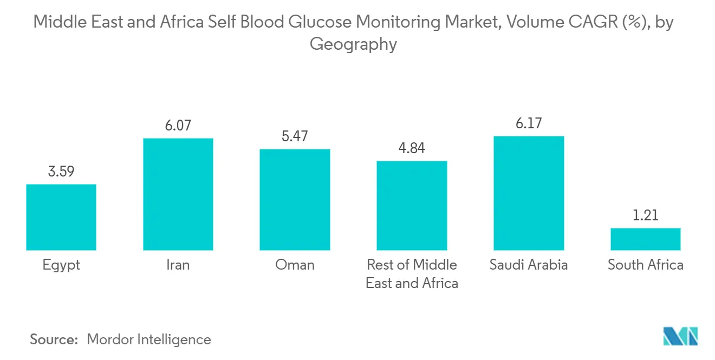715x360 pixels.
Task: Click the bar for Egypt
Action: (61, 217)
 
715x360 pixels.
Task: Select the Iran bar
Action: (178, 194)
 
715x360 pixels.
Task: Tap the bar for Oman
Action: (295, 200)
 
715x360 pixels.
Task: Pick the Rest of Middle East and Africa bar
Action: (412, 206)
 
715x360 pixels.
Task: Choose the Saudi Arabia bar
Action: (529, 193)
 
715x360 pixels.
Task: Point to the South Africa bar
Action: (645, 239)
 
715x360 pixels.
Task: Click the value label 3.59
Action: (61, 172)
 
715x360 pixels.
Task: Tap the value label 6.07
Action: (178, 126)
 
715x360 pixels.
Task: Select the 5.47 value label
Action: (295, 136)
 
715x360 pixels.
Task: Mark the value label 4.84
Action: (412, 149)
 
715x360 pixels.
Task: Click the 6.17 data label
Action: (529, 124)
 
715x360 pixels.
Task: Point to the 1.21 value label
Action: (645, 215)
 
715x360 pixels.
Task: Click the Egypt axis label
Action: (61, 265)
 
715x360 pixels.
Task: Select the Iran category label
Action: (178, 265)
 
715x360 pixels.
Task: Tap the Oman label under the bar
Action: (295, 265)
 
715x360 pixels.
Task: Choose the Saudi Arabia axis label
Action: (529, 265)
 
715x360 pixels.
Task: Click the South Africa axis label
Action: (645, 265)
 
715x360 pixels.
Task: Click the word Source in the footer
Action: (54, 339)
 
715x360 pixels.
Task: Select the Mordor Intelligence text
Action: (149, 339)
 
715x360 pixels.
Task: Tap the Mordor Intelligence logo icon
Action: (680, 336)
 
